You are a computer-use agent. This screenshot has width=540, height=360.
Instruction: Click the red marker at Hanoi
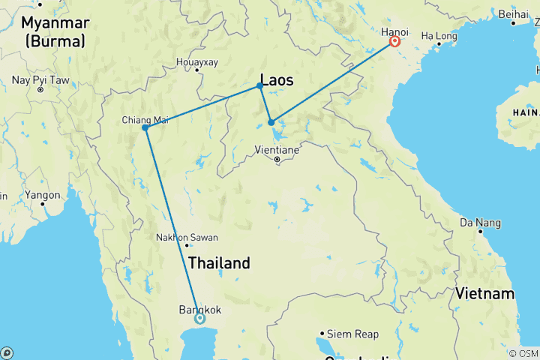click(x=394, y=43)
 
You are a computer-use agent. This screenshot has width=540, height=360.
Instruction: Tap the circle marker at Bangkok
click(x=199, y=318)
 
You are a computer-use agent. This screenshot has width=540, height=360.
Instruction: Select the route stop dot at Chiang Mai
click(x=145, y=127)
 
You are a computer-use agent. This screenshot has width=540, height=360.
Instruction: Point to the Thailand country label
click(x=218, y=263)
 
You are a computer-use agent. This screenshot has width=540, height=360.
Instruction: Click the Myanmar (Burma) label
click(x=57, y=32)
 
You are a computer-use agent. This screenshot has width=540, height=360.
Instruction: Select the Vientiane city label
click(x=277, y=150)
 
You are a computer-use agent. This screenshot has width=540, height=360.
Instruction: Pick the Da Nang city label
click(x=477, y=223)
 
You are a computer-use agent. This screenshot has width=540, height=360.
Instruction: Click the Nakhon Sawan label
click(x=186, y=238)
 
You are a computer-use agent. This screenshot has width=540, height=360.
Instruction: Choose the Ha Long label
click(x=437, y=35)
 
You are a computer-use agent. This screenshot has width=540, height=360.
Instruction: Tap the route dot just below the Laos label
click(x=259, y=86)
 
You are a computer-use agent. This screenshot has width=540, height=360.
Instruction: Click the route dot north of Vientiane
click(x=271, y=122)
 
